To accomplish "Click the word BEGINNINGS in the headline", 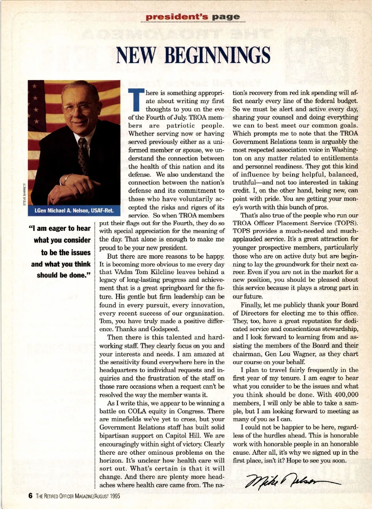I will (217, 55).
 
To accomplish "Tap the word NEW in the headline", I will (136, 55).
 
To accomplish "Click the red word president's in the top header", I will (177, 17).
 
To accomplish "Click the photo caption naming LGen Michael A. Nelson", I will (74, 211).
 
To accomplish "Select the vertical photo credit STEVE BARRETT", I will (24, 194).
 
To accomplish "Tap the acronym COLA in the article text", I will (137, 411).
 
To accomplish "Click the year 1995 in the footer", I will (115, 496).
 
